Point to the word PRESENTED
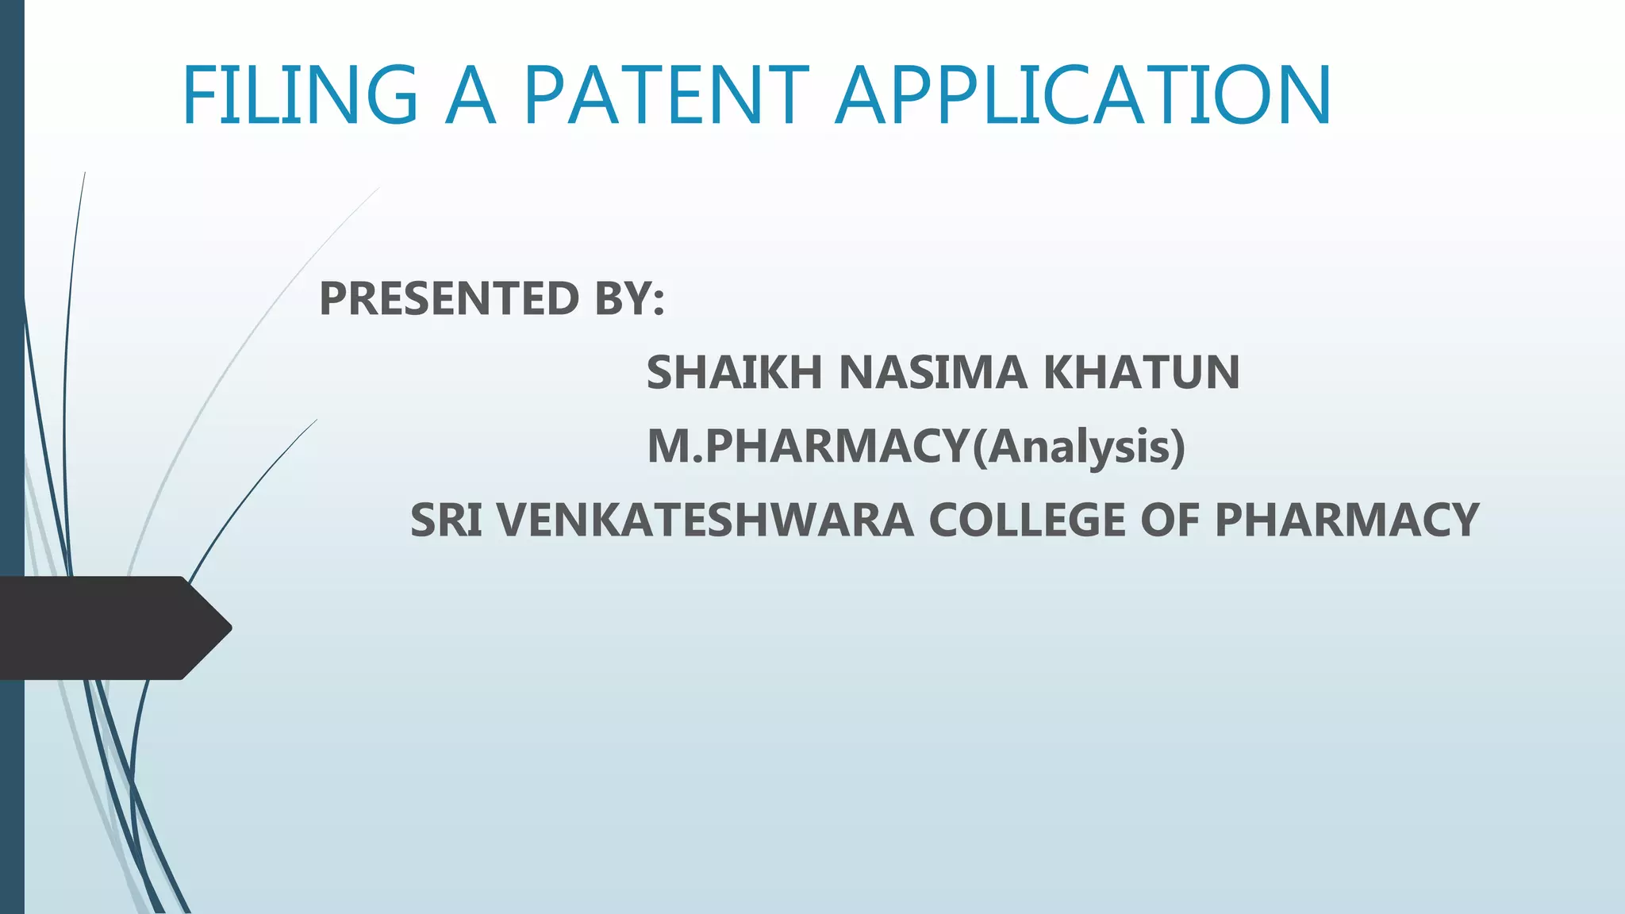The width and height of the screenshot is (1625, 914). point(449,298)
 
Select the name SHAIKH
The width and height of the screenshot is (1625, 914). point(734,372)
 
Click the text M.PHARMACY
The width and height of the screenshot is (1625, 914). point(809,446)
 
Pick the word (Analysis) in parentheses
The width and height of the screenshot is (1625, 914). point(1079,447)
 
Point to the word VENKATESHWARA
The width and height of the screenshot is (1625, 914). point(705,520)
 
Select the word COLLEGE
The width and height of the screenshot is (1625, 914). point(1028,520)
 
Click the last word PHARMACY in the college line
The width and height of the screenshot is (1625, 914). point(1346,520)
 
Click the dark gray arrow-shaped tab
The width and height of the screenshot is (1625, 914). point(103,628)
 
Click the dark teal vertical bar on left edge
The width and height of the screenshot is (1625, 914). point(12,317)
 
